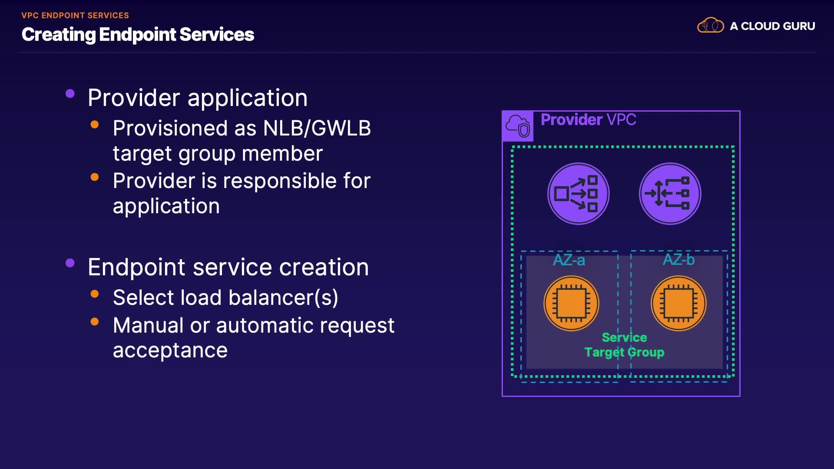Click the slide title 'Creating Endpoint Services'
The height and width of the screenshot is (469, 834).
pyautogui.click(x=138, y=35)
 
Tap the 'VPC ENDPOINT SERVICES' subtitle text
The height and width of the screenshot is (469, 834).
pyautogui.click(x=75, y=16)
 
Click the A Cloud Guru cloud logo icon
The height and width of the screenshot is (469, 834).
pyautogui.click(x=710, y=25)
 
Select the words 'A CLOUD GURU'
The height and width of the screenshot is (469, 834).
pyautogui.click(x=772, y=26)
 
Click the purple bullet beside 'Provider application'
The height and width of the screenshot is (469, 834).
pyautogui.click(x=70, y=94)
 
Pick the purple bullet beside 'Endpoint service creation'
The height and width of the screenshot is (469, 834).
pyautogui.click(x=70, y=263)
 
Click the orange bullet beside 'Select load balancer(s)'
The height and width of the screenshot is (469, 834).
pyautogui.click(x=95, y=294)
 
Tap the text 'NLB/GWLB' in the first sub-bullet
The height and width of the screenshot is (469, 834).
pyautogui.click(x=317, y=129)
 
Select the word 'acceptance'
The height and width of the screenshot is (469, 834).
pyautogui.click(x=170, y=350)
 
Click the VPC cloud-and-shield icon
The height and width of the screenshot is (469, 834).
pyautogui.click(x=518, y=126)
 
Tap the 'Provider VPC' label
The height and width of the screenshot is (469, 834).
pyautogui.click(x=588, y=119)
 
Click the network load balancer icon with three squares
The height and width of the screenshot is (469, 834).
pyautogui.click(x=579, y=194)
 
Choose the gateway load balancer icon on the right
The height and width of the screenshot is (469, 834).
pyautogui.click(x=670, y=194)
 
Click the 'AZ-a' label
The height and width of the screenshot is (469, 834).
pyautogui.click(x=569, y=260)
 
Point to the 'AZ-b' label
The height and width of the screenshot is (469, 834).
pyautogui.click(x=678, y=260)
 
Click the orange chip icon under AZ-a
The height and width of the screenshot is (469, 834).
pyautogui.click(x=571, y=303)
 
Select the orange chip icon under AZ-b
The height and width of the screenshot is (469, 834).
pyautogui.click(x=678, y=303)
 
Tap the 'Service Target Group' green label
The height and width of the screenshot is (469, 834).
pyautogui.click(x=624, y=345)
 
